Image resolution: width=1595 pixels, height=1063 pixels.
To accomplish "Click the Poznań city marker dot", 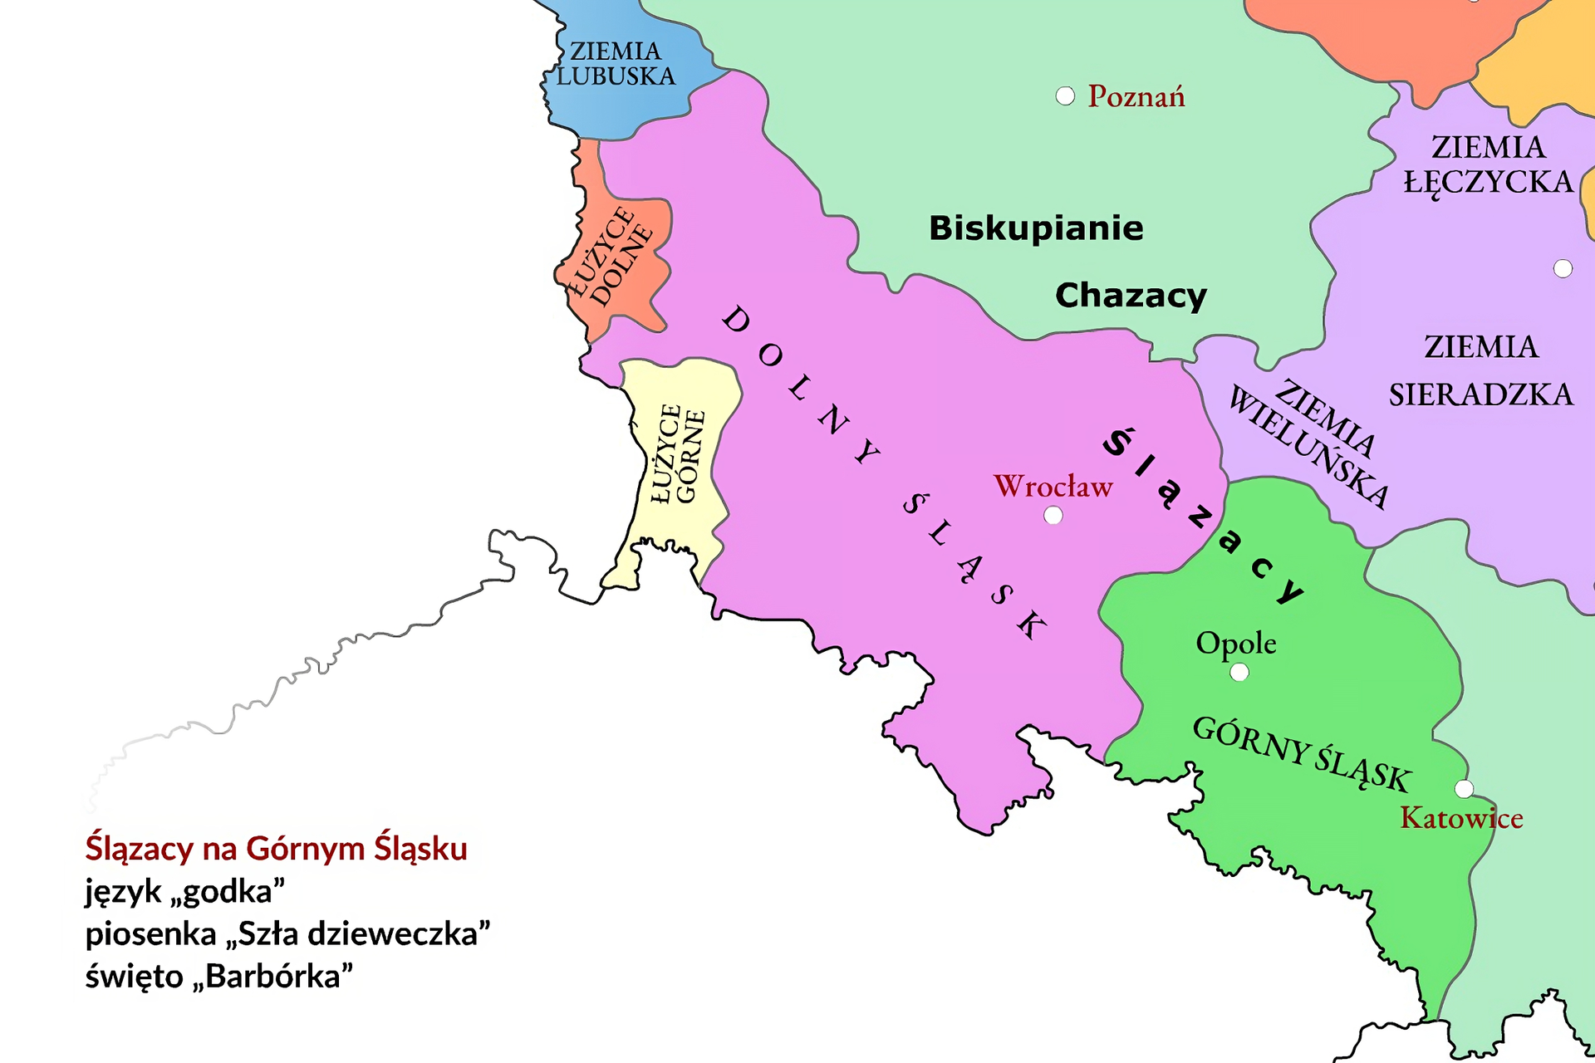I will point(1065,96).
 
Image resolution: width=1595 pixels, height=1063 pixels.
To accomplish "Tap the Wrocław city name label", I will point(1053,487).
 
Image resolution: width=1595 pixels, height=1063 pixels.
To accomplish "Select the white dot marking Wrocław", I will point(1053,516).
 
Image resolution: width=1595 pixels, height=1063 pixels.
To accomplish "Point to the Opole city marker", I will point(1239,672).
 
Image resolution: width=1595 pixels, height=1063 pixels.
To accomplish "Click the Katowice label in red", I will point(1461,819).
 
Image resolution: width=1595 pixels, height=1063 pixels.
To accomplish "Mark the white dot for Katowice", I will point(1465,788).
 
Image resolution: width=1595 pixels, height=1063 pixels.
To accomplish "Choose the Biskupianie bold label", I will point(1036,228).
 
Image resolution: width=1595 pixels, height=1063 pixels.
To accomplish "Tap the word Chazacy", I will point(1131,296).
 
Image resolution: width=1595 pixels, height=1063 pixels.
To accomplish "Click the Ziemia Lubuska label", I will point(616,64).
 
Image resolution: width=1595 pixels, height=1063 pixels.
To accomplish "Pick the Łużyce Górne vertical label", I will point(678,454).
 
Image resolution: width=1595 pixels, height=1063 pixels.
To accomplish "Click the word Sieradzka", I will point(1481,394).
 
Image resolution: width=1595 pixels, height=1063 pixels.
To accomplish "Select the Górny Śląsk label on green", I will point(1302,754).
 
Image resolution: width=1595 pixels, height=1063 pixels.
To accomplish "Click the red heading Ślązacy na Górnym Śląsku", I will point(276,849).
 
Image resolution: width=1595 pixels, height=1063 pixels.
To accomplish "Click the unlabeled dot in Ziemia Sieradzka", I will point(1563,268).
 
